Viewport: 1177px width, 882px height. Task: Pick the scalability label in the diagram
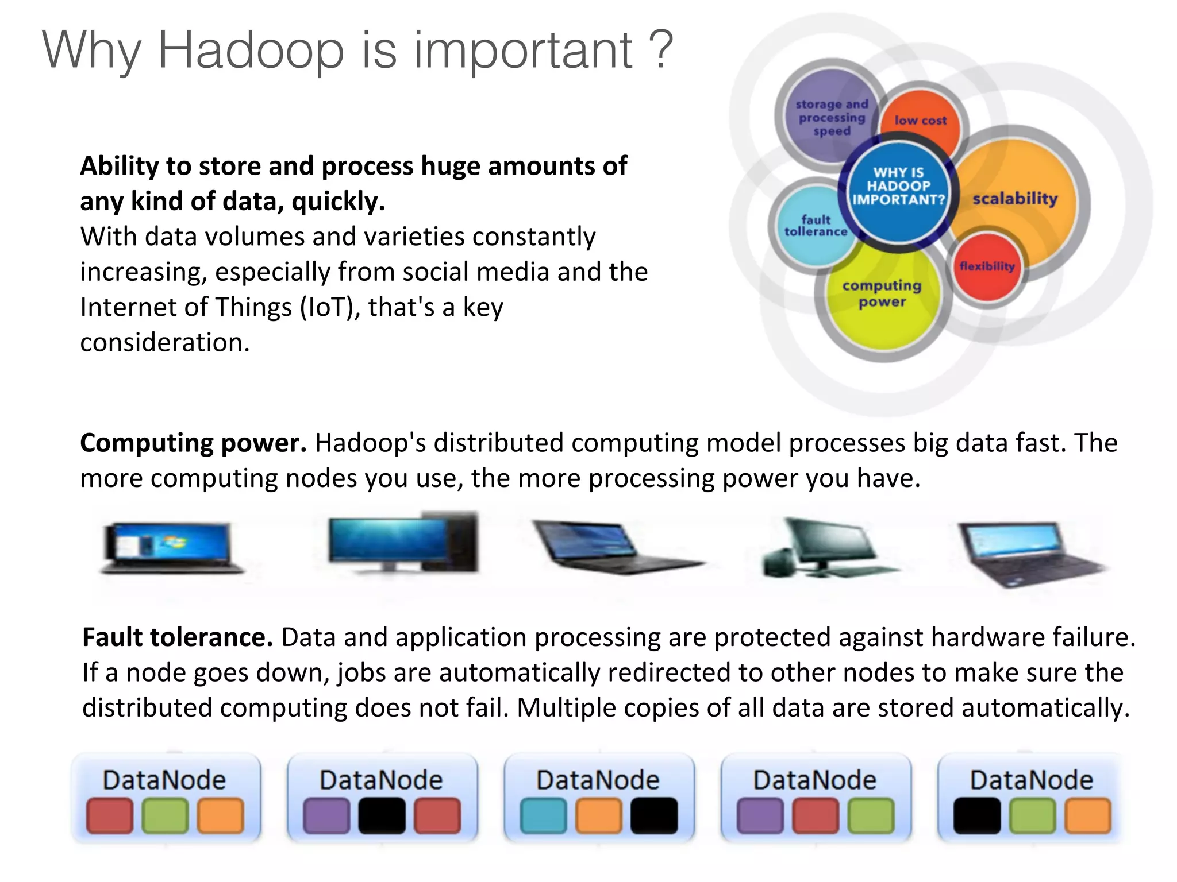[1014, 199]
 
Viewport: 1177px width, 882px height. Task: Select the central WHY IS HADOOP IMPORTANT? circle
[898, 187]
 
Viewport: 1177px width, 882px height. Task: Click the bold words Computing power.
[193, 443]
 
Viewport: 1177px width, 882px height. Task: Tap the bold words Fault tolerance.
[177, 637]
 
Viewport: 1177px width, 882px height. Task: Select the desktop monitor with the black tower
[402, 543]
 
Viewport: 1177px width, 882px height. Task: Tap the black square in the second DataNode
[382, 815]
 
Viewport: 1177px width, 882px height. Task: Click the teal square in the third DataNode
[543, 815]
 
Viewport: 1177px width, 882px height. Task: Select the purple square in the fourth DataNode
[760, 815]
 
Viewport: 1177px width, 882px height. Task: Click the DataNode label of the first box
[164, 780]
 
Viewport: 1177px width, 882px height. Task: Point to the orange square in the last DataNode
[1087, 815]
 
